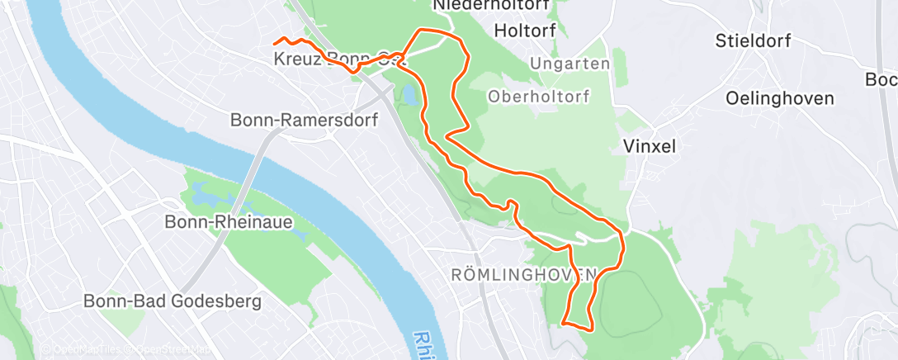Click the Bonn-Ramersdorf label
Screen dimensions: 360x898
pos(304,120)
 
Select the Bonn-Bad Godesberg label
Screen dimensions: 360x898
pos(173,301)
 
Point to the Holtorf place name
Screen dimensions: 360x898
pos(524,31)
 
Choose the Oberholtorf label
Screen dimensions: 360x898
pos(539,96)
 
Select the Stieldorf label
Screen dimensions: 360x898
pos(754,40)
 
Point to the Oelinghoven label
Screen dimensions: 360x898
pos(780,97)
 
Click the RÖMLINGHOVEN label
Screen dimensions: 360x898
pos(523,273)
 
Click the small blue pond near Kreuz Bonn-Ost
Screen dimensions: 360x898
pos(409,97)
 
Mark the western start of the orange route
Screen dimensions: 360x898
pos(275,42)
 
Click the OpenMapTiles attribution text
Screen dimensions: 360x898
pos(80,349)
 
